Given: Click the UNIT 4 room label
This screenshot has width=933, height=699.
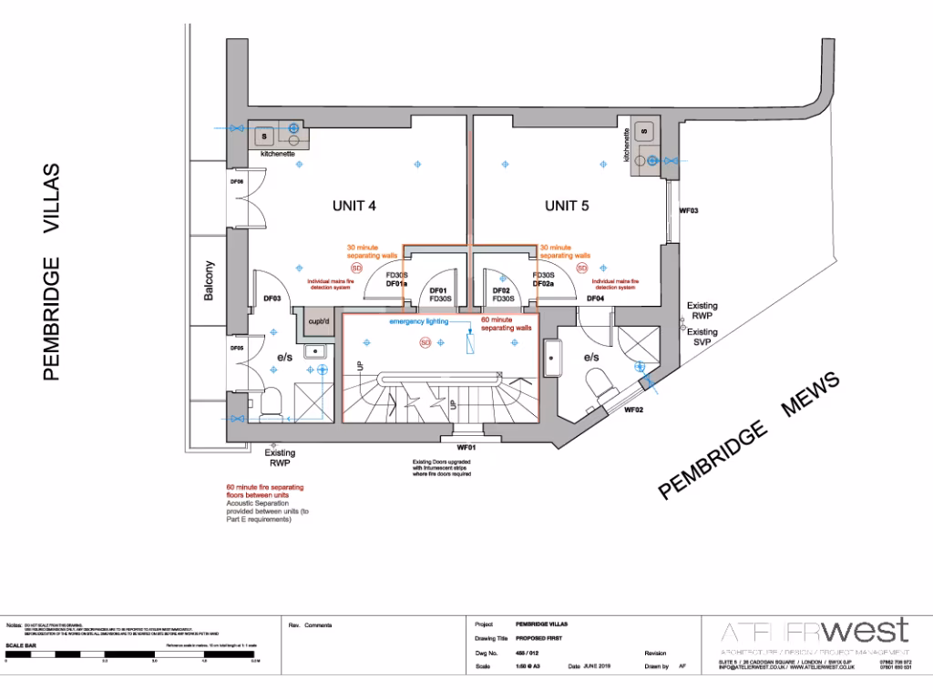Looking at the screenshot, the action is [x=354, y=206].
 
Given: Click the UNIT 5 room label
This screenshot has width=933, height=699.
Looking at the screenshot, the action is [x=567, y=206].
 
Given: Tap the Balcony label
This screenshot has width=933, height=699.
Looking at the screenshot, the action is [x=210, y=281].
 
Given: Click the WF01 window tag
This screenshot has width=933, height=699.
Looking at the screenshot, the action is [x=466, y=448].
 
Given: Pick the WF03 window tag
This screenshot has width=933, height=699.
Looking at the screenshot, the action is [x=689, y=210].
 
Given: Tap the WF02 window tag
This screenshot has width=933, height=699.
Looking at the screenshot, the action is [x=634, y=410].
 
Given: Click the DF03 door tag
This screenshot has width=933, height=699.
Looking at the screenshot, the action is [x=272, y=299].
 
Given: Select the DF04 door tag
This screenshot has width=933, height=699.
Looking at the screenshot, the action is [x=595, y=299].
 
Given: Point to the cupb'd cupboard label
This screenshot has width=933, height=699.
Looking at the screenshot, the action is [x=318, y=321].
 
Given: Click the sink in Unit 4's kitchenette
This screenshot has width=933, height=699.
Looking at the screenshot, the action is [x=265, y=137].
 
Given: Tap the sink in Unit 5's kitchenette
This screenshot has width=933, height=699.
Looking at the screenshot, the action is [x=644, y=130].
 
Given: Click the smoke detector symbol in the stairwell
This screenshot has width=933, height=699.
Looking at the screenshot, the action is [x=424, y=342].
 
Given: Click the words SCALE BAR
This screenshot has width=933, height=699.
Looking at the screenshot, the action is [x=20, y=645].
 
